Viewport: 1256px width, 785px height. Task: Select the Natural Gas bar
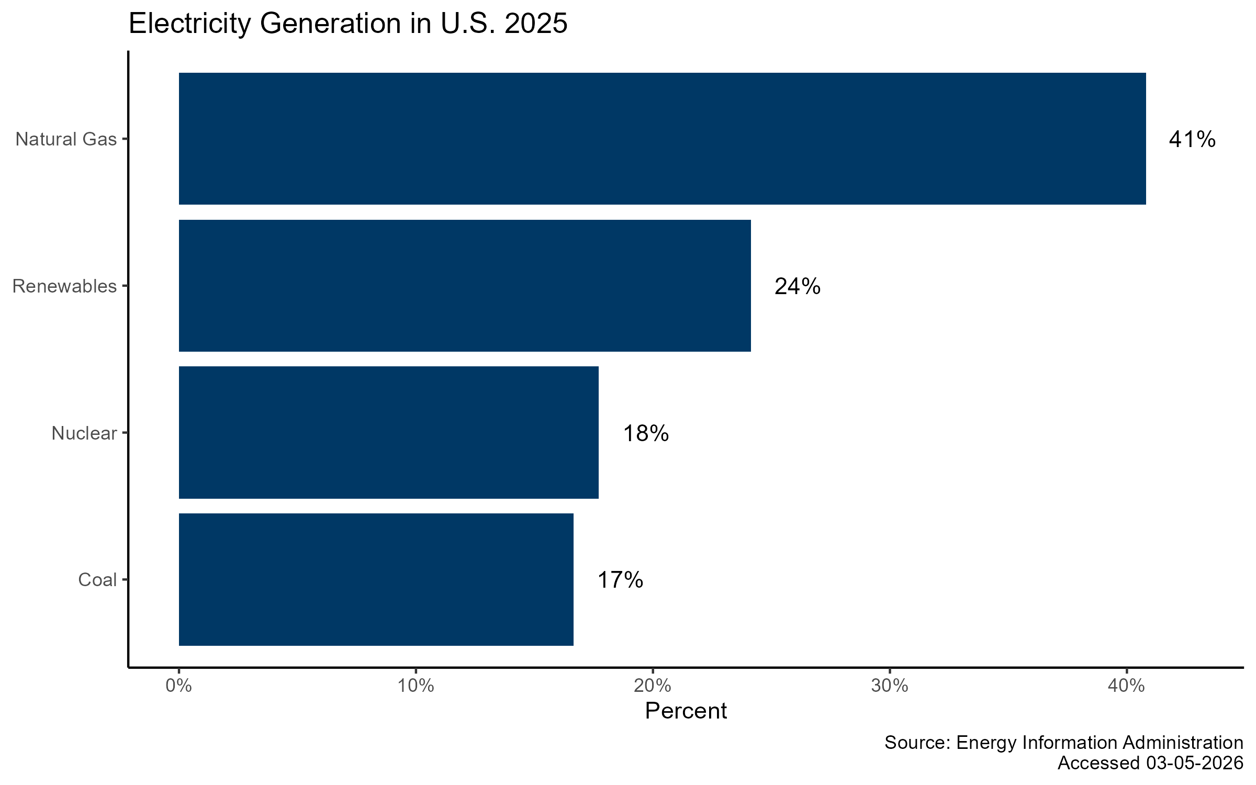662,139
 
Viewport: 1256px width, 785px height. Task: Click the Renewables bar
465,286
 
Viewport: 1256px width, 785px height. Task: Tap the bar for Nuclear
388,433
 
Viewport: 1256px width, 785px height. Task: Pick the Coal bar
376,579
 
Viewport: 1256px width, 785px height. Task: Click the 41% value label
1192,140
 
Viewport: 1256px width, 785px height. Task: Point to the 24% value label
797,287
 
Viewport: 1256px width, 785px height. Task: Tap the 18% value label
645,434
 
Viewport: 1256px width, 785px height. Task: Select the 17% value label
620,580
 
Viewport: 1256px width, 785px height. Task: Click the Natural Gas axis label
66,139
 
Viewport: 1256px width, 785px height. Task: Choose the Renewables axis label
64,286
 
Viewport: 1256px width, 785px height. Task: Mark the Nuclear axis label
84,433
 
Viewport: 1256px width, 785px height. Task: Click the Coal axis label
97,580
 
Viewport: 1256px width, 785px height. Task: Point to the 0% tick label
178,686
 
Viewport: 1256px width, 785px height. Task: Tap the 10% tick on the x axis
416,686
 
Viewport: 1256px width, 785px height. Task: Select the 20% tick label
653,686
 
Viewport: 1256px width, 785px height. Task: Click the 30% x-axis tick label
889,686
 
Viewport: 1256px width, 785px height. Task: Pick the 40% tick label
1126,686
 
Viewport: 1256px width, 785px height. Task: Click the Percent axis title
686,711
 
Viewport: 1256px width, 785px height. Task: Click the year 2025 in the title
536,24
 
